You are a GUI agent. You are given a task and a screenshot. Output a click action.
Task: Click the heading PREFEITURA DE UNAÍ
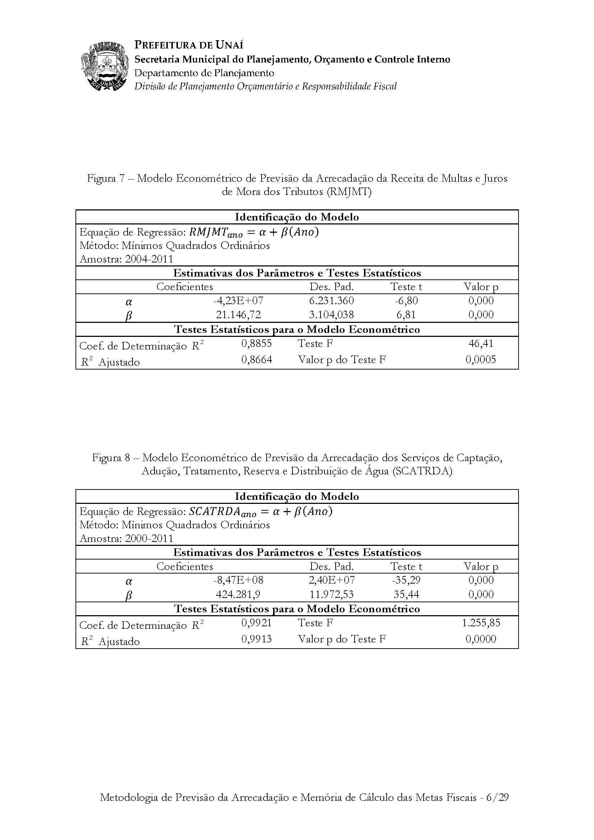[x=189, y=45]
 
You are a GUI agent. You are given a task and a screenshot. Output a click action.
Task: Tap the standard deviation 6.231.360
[x=332, y=301]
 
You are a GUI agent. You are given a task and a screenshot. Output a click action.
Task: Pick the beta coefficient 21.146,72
[x=238, y=315]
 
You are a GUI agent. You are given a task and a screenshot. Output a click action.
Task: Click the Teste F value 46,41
[x=481, y=343]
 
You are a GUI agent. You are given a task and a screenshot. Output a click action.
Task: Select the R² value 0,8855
[x=257, y=343]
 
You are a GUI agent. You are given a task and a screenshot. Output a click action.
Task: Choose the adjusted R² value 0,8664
[x=257, y=359]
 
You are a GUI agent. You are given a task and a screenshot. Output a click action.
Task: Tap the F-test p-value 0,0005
[x=481, y=359]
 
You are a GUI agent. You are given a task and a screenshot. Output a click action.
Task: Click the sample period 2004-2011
[x=149, y=259]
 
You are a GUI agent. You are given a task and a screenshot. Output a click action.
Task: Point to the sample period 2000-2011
[x=149, y=538]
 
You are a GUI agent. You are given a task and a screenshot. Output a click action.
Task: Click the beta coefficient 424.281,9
[x=238, y=594]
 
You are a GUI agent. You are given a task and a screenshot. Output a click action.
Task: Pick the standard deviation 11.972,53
[x=332, y=594]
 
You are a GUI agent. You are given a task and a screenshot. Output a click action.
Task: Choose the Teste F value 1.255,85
[x=481, y=623]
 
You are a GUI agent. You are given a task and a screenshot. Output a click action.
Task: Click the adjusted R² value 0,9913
[x=257, y=639]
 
